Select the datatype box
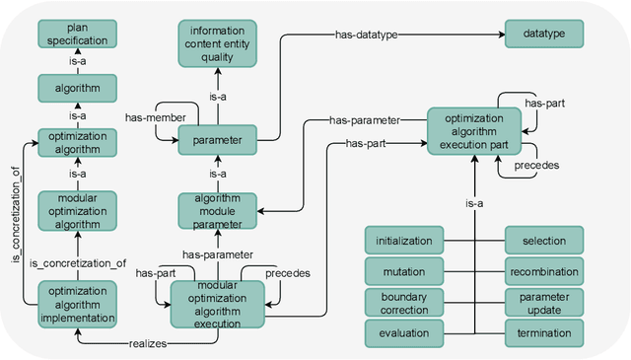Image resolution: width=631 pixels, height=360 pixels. pos(544,34)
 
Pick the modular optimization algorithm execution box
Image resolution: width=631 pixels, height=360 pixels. pos(218,304)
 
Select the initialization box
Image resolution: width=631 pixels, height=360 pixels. pos(402,240)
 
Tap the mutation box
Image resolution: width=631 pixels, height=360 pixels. pos(402,271)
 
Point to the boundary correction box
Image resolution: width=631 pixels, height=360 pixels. pos(402,303)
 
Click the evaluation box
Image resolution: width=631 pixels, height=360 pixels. pos(402,334)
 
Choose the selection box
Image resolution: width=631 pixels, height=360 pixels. pos(544,240)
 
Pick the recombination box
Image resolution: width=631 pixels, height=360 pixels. pos(544,271)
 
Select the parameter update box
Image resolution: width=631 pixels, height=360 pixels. pos(544,303)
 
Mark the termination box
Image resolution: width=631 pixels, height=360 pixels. pos(544,334)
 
